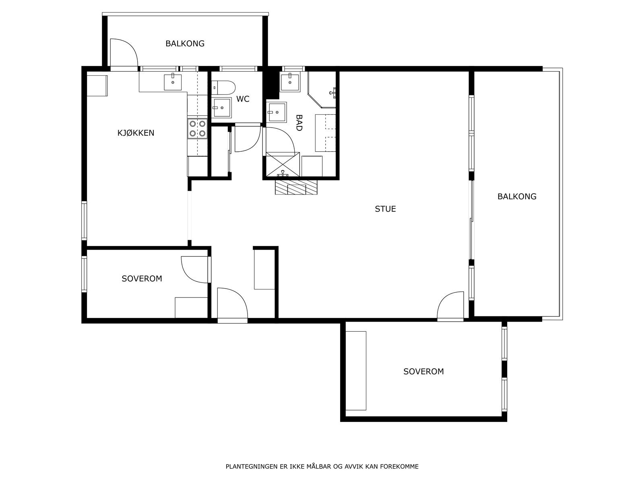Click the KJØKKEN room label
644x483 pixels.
pyautogui.click(x=136, y=133)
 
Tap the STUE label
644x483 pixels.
pyautogui.click(x=385, y=209)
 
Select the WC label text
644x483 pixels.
pyautogui.click(x=243, y=99)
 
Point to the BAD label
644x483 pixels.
pyautogui.click(x=299, y=123)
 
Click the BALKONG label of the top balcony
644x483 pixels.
pyautogui.click(x=185, y=43)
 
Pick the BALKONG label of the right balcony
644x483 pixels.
pyautogui.click(x=517, y=196)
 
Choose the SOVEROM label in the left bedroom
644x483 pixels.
pyautogui.click(x=142, y=279)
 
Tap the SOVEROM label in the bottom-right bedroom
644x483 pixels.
pyautogui.click(x=423, y=372)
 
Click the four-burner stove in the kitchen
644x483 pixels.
pyautogui.click(x=197, y=129)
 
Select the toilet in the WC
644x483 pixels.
pyautogui.click(x=223, y=87)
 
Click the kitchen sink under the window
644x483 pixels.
pyautogui.click(x=173, y=82)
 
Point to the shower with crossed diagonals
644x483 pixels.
pyautogui.click(x=283, y=165)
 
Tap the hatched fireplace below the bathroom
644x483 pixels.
pyautogui.click(x=296, y=187)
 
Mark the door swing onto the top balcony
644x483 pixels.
pyautogui.click(x=124, y=52)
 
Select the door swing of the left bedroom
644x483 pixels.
pyautogui.click(x=195, y=270)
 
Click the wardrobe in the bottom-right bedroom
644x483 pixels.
pyautogui.click(x=356, y=371)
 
